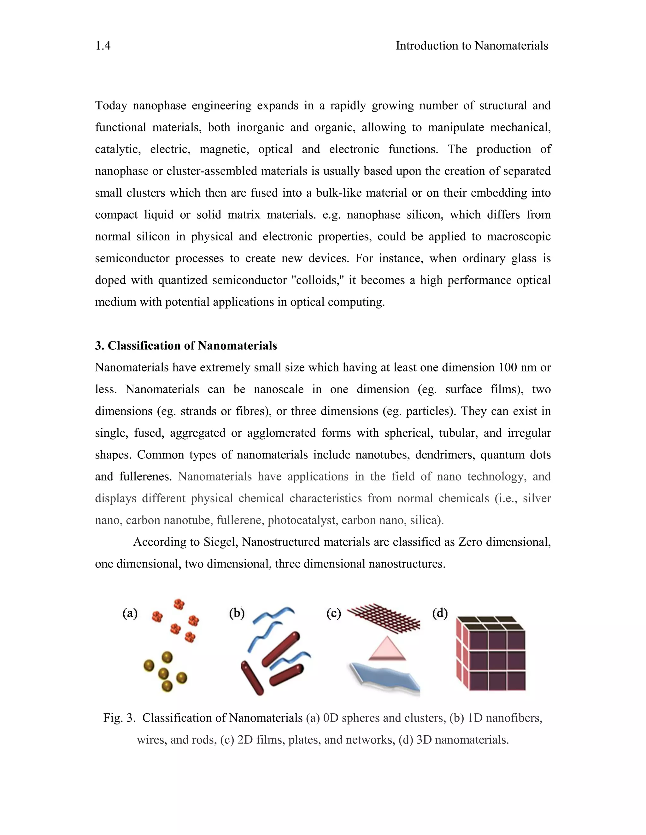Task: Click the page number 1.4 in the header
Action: (103, 46)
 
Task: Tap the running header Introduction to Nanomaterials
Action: (472, 46)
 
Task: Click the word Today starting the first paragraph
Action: (111, 106)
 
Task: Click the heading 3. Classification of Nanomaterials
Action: (186, 346)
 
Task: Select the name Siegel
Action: (221, 542)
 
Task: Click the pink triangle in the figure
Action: (387, 649)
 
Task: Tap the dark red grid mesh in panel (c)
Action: (386, 616)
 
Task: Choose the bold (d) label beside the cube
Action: (440, 613)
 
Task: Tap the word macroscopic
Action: (519, 237)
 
